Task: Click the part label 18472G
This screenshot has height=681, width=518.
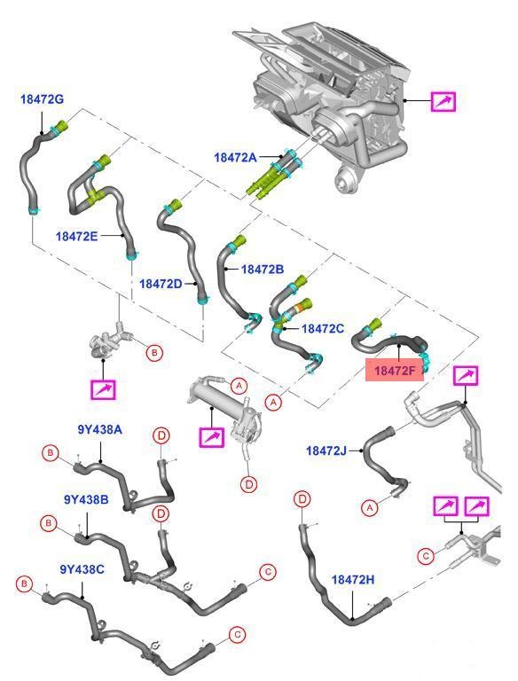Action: point(42,99)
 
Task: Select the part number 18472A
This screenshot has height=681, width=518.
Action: point(235,157)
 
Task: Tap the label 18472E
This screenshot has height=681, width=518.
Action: point(76,236)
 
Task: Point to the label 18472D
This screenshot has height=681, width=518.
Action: point(161,284)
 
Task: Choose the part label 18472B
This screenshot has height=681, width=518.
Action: point(262,270)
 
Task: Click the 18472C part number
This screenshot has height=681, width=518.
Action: point(323,328)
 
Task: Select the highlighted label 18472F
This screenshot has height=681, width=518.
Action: point(395,371)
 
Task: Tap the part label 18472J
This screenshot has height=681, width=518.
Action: point(326,450)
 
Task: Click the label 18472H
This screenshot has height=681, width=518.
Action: point(353,579)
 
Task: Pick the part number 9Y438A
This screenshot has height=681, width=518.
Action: point(100,430)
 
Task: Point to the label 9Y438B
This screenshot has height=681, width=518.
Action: point(86,499)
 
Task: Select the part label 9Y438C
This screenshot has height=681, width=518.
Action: point(82,569)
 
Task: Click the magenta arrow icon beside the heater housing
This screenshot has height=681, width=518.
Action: point(443,101)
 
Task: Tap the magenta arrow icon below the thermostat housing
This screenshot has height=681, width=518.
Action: point(103,389)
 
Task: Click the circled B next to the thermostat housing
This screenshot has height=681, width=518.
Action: point(153,353)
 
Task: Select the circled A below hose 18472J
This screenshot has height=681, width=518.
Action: point(370,507)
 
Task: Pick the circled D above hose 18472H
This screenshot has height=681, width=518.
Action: point(302,498)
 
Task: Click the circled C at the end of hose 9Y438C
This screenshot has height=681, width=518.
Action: point(237,635)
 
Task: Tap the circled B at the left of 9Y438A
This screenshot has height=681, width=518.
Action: point(51,453)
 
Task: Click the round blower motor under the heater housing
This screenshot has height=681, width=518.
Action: point(346,179)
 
